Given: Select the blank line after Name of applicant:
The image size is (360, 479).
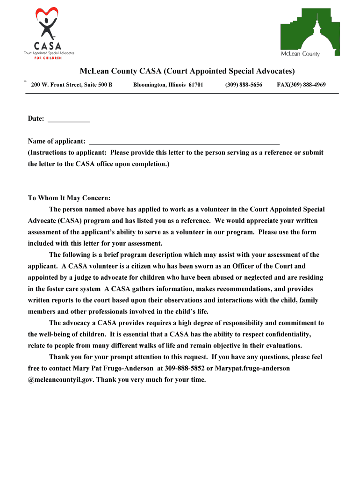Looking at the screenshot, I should coord(184,141).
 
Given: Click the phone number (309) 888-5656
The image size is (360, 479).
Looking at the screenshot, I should coord(243,85).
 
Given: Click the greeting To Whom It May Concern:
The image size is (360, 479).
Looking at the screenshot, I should coord(69,198).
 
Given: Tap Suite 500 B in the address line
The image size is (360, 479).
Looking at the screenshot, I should coord(97,85).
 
